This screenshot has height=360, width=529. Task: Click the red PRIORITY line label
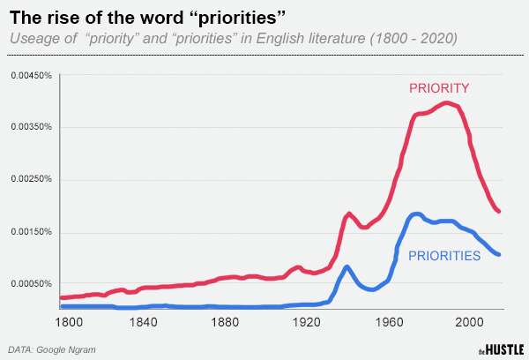coord(438,88)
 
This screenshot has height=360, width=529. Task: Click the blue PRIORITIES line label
coord(443,256)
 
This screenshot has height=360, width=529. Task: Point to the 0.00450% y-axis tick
coord(32,76)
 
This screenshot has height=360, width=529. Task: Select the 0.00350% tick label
coord(32,128)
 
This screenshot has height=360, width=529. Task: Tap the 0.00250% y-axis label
coord(32,180)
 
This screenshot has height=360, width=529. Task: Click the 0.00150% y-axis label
coord(32,232)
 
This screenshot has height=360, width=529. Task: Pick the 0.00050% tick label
coord(32,284)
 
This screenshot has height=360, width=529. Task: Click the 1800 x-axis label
coord(68,322)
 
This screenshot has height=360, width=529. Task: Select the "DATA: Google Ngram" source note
coord(52,349)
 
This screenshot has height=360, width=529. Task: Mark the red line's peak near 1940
coord(349,214)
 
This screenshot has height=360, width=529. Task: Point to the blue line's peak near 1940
coord(347,266)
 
